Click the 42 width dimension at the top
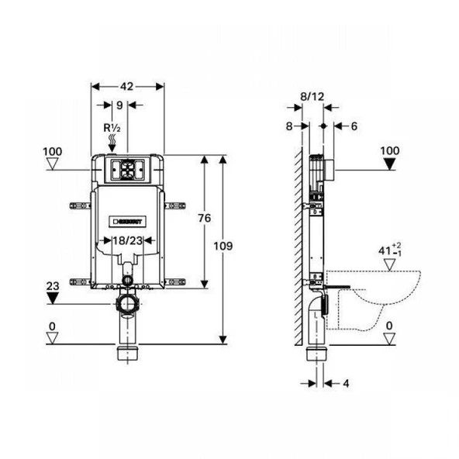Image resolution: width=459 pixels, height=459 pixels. pyautogui.click(x=128, y=87)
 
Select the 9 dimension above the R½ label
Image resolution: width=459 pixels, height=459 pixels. pyautogui.click(x=119, y=105)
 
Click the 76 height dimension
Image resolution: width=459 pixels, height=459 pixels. pyautogui.click(x=204, y=219)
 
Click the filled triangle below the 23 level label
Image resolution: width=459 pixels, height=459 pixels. pyautogui.click(x=52, y=299)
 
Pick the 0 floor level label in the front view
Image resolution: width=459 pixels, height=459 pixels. pyautogui.click(x=52, y=325)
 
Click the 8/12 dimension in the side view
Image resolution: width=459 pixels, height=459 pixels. pyautogui.click(x=312, y=97)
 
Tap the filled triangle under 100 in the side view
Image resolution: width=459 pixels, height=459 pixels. pyautogui.click(x=390, y=163)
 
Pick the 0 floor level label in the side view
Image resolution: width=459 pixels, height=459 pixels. pyautogui.click(x=390, y=325)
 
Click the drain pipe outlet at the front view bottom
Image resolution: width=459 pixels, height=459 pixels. pyautogui.click(x=128, y=354)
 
